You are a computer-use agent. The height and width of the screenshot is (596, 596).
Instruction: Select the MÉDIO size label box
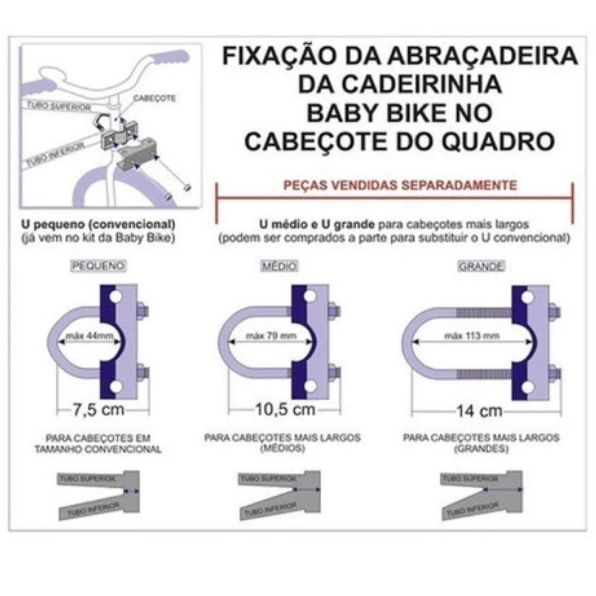pos(279,266)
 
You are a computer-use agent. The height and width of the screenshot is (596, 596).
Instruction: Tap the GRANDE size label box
pos(480,266)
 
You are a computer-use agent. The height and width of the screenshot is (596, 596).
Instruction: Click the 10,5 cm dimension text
pos(285,410)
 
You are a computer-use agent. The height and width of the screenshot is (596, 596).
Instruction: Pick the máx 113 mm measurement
pos(472,336)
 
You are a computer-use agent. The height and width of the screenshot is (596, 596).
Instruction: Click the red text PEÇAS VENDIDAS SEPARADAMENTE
pos(400,185)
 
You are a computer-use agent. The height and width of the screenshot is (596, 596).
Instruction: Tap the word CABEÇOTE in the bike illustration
pos(154,98)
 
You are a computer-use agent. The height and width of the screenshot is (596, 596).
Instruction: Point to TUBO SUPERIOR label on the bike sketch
pos(59,106)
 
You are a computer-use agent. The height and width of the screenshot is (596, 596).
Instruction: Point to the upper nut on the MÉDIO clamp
pos(334,311)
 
